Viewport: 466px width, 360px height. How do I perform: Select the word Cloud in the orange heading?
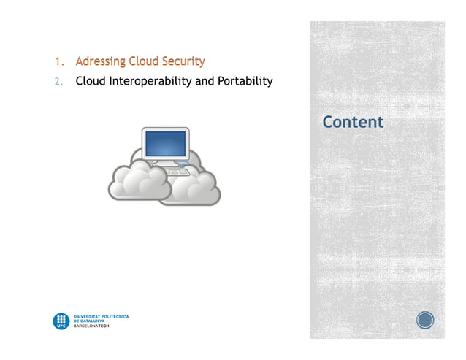(x=143, y=61)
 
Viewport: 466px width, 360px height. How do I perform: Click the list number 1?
(x=57, y=61)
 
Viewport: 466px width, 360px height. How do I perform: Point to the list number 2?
(x=57, y=81)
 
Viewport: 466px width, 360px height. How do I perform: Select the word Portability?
(x=245, y=80)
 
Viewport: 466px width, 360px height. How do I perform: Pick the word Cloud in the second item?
(x=91, y=80)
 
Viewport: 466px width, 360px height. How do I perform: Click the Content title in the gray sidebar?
(x=353, y=121)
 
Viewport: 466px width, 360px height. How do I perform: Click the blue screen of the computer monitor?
(x=165, y=143)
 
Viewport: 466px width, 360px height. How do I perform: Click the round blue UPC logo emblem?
(x=61, y=321)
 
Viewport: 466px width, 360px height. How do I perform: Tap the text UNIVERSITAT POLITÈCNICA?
(x=102, y=316)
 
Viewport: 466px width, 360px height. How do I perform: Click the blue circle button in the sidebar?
(x=425, y=320)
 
